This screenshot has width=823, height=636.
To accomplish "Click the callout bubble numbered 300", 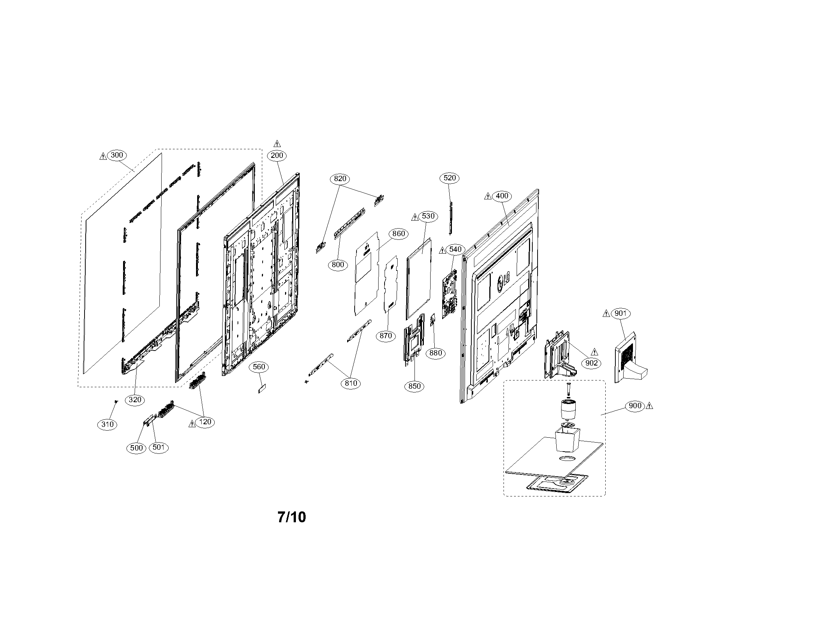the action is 117,155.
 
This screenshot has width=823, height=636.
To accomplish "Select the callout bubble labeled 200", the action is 277,156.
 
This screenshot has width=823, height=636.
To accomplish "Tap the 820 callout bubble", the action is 340,178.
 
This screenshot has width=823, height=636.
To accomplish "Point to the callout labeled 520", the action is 450,178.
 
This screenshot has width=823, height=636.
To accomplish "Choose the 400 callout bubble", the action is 502,196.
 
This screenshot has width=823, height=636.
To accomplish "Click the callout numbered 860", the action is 399,233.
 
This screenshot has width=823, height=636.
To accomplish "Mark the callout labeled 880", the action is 435,353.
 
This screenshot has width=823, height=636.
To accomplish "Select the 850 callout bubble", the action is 414,386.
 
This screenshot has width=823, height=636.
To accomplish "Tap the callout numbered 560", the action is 259,367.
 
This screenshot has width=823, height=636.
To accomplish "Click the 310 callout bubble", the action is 107,425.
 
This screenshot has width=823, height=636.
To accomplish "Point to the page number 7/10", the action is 292,517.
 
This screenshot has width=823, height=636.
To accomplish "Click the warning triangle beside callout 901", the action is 606,313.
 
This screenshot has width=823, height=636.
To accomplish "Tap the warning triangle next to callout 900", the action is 649,406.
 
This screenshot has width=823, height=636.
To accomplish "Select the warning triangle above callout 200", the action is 277,144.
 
